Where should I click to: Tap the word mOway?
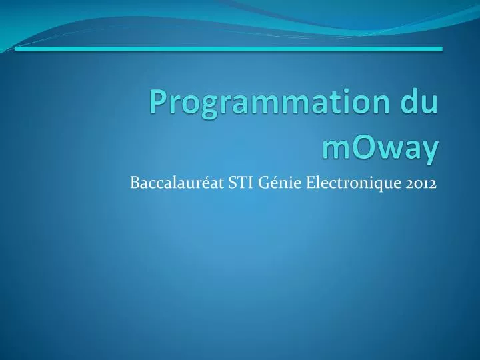[380, 147]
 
